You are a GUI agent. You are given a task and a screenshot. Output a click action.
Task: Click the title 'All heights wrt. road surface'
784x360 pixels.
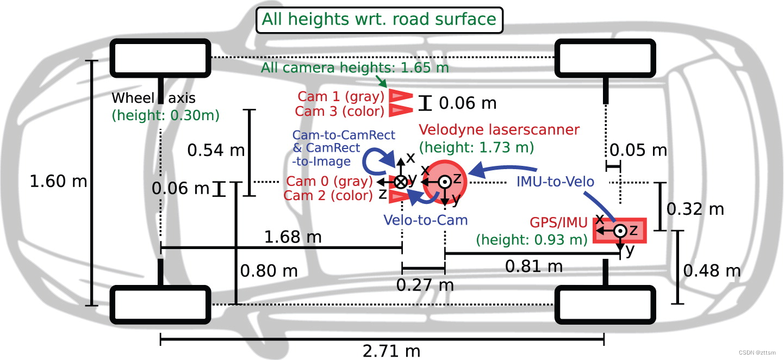[x=379, y=20]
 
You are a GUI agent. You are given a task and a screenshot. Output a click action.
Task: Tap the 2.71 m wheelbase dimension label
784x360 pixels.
[x=391, y=351]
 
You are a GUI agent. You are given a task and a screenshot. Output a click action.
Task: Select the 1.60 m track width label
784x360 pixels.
[x=58, y=182]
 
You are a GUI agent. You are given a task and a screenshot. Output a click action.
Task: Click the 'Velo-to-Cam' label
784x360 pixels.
[x=425, y=220]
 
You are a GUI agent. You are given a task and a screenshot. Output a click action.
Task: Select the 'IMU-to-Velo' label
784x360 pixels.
[x=555, y=182]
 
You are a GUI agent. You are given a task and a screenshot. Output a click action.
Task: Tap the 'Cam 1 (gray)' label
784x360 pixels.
[x=341, y=97]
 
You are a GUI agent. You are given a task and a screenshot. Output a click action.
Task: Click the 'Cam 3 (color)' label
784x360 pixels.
[x=340, y=111]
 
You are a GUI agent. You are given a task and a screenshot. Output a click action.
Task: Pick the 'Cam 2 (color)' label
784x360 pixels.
[x=328, y=195]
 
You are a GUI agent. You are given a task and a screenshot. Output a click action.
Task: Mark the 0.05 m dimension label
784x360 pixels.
[x=638, y=150]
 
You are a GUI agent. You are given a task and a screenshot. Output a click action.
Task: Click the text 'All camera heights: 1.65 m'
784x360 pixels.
[x=355, y=68]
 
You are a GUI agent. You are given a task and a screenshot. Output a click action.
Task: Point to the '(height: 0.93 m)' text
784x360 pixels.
[x=531, y=240]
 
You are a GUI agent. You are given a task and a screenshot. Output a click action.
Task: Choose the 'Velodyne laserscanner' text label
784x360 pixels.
[x=499, y=129]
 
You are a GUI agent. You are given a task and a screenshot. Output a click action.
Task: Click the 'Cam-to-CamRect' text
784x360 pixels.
[x=344, y=135]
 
